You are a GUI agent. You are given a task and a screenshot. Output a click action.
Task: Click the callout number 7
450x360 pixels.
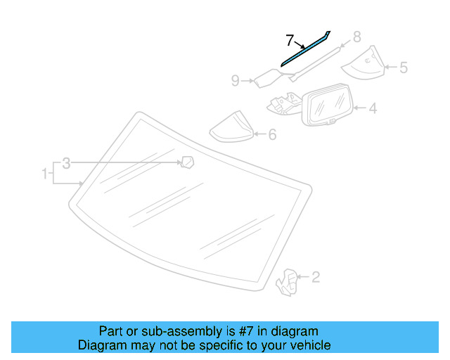290,39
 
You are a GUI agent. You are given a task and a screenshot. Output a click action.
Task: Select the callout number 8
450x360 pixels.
356,37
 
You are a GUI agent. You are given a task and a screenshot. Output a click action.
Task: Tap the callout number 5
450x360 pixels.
404,68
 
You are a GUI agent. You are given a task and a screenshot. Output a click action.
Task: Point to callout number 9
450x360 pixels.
236,82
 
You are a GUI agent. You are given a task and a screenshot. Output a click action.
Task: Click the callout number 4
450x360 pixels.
373,108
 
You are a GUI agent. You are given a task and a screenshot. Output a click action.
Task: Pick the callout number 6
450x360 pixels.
271,134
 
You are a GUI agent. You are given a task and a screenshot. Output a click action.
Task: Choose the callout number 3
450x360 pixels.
66,164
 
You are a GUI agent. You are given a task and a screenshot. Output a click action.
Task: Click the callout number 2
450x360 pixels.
316,277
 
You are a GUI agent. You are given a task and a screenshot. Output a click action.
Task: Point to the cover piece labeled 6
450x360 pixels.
232,127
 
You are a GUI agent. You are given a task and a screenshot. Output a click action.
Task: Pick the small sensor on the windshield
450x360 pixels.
187,163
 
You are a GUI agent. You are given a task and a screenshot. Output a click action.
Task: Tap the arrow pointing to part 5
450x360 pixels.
390,68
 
